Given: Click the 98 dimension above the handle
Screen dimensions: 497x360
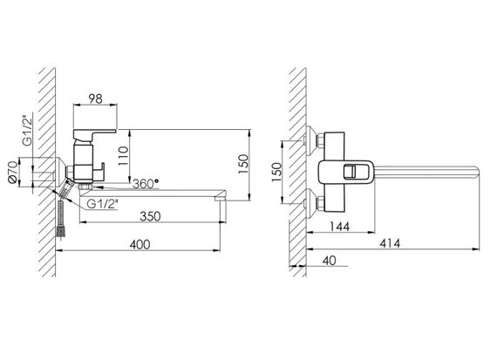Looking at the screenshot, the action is [x=95, y=98].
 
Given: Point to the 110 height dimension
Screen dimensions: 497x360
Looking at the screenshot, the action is [x=123, y=156].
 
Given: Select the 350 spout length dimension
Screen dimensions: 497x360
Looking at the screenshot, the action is [x=150, y=216].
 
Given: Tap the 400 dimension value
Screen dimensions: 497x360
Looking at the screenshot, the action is [x=140, y=244].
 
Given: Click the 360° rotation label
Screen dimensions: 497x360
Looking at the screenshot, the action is [x=146, y=183].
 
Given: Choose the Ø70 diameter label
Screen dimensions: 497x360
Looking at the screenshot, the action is [x=13, y=172].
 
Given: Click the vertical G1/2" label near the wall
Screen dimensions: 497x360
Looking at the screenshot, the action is [x=28, y=128].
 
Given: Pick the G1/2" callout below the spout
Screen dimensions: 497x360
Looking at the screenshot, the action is [x=102, y=204].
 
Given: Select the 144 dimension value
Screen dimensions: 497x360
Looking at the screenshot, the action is [x=339, y=227].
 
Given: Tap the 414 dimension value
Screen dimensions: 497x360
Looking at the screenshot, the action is [x=390, y=243].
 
